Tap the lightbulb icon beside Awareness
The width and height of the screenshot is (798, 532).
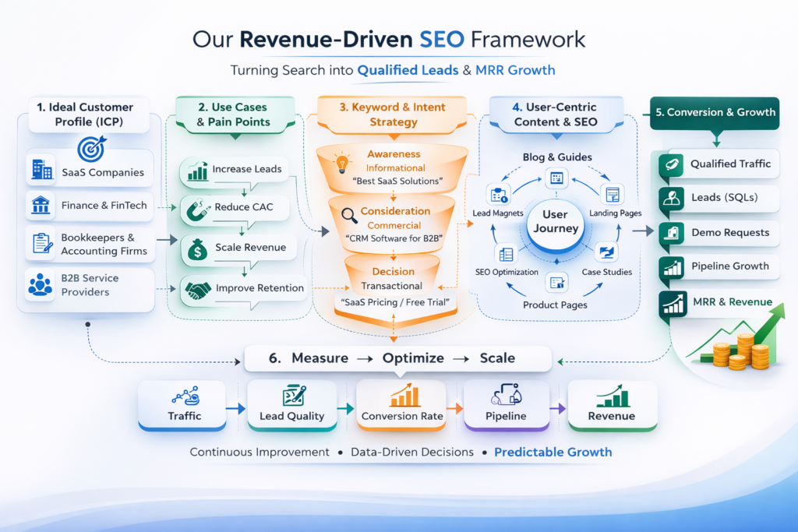click(341, 163)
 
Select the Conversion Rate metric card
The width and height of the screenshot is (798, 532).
click(401, 404)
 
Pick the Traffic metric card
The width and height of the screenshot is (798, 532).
click(185, 404)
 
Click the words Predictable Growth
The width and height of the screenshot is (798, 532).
click(553, 452)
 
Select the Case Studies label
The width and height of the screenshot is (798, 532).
click(607, 272)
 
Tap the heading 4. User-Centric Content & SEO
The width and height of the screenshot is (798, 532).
click(555, 114)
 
